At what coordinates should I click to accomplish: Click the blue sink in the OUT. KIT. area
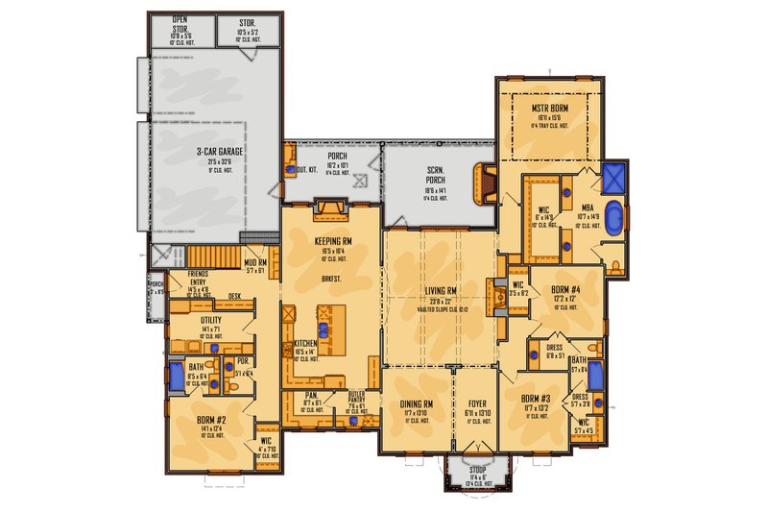pos(291,170)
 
